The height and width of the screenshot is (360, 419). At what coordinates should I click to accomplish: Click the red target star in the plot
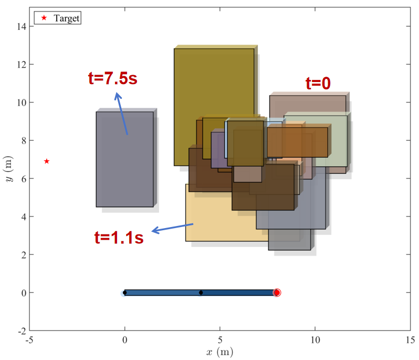pyautogui.click(x=47, y=161)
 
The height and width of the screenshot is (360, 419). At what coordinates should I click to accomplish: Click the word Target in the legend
pyautogui.click(x=67, y=18)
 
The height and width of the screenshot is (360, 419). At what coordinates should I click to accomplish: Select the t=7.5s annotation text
pyautogui.click(x=113, y=78)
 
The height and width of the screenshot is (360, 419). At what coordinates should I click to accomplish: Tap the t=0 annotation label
pyautogui.click(x=318, y=83)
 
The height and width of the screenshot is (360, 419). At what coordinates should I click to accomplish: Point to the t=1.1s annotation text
pyautogui.click(x=119, y=237)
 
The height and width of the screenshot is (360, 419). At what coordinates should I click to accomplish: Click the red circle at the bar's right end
pyautogui.click(x=277, y=293)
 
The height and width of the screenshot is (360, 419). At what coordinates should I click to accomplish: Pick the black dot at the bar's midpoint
pyautogui.click(x=201, y=293)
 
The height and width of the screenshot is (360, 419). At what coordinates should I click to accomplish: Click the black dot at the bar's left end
pyautogui.click(x=125, y=293)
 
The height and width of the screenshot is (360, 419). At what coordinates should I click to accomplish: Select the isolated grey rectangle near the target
pyautogui.click(x=125, y=159)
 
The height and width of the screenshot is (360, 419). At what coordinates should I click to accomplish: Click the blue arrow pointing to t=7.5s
pyautogui.click(x=121, y=114)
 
